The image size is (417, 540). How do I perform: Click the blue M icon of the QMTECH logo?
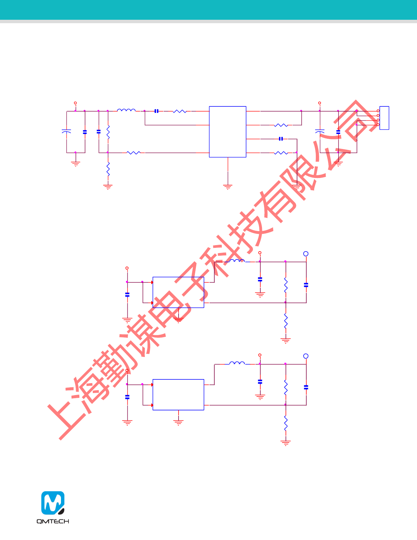53,503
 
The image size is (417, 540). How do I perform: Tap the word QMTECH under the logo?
53,521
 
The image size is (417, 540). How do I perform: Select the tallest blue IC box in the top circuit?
228,132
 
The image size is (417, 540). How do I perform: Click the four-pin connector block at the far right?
384,118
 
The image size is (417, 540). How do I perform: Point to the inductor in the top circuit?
126,110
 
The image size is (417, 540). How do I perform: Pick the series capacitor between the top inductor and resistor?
156,111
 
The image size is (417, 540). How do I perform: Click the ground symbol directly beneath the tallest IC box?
228,187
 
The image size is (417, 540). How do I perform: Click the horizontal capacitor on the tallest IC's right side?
281,139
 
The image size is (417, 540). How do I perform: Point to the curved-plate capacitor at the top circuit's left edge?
66,131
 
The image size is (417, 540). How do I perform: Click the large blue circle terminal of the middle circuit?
306,254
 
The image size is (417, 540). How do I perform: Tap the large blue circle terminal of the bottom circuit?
306,356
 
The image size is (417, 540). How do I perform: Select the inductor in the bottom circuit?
237,363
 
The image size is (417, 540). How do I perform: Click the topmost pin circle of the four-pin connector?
378,111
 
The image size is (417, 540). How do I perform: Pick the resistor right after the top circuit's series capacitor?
180,111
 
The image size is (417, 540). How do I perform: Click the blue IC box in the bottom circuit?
178,394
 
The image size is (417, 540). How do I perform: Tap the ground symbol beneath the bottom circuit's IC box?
178,423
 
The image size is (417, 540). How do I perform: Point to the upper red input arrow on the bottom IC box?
152,385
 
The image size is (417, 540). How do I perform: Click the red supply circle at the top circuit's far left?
75,103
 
